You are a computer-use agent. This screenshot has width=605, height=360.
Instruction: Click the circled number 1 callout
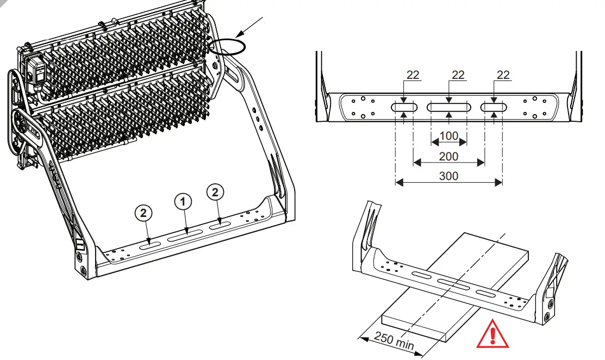coord(183,201)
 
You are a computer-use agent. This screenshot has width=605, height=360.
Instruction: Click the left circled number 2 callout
coord(143,214)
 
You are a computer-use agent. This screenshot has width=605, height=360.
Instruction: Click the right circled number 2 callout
coord(216,191)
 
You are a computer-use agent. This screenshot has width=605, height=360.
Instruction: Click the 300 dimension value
coord(448,176)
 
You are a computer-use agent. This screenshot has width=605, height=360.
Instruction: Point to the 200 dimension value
coord(448,156)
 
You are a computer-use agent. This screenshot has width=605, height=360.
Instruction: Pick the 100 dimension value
coord(448,135)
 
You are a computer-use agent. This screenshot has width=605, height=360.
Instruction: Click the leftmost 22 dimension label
coord(413,75)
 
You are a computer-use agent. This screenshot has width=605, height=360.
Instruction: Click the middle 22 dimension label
coord(458,75)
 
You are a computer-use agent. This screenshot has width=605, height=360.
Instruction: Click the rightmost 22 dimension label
coord(503,75)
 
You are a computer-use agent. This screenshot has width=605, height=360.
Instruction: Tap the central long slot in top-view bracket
coord(448,108)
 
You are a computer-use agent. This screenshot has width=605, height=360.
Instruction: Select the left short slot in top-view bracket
coord(404,108)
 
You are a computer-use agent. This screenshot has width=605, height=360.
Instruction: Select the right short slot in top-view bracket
coord(494,108)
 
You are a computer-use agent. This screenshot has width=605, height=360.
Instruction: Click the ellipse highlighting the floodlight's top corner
coord(227,46)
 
